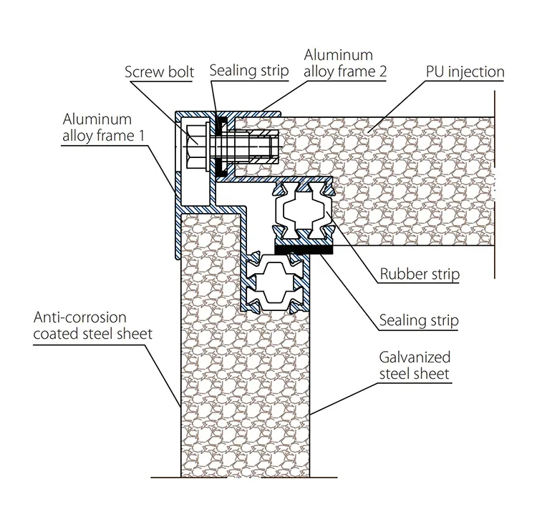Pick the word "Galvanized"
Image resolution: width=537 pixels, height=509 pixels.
pyautogui.click(x=417, y=357)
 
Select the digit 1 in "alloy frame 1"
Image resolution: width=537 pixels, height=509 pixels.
pyautogui.click(x=150, y=134)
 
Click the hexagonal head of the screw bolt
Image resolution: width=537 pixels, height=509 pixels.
pyautogui.click(x=195, y=149)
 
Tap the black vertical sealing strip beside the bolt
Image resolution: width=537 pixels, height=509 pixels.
pyautogui.click(x=221, y=147)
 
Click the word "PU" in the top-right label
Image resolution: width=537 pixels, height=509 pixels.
pyautogui.click(x=436, y=71)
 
